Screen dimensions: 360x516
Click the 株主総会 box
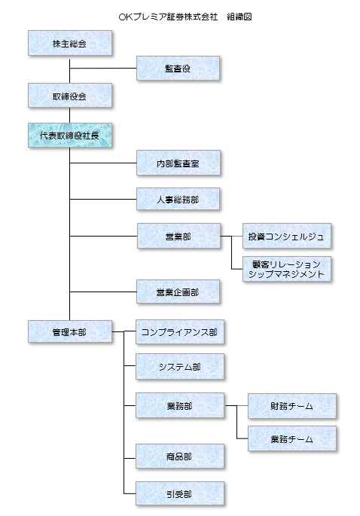pos(70,43)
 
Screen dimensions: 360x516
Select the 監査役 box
pos(178,68)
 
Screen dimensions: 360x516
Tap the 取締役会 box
pos(70,96)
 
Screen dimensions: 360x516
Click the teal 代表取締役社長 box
pos(70,136)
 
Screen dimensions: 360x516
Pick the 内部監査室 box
pos(178,163)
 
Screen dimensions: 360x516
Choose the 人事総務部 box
pos(178,199)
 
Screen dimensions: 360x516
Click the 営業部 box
pos(178,236)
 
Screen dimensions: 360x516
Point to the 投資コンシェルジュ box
pos(287,236)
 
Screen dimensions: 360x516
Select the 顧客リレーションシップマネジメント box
pos(287,269)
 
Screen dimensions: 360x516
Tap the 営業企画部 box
pos(178,292)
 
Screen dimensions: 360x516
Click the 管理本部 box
pos(70,331)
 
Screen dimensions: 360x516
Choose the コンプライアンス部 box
pos(180,331)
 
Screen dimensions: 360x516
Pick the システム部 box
pos(180,367)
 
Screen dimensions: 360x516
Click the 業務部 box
pos(180,405)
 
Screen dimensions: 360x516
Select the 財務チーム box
pos(292,406)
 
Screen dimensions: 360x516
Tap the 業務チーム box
pos(292,438)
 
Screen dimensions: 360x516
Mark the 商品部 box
pos(180,456)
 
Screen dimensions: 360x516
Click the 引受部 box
pos(180,493)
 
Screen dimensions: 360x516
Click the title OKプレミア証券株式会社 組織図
pos(185,17)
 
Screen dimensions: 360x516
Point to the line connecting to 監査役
pos(103,68)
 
